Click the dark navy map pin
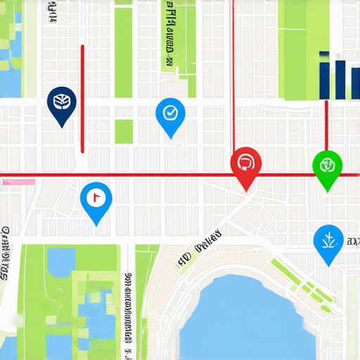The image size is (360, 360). pyautogui.click(x=62, y=104)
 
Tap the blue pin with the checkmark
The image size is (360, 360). pyautogui.click(x=169, y=113)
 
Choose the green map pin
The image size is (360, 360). pyautogui.click(x=327, y=167)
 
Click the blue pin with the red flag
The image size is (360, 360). pyautogui.click(x=96, y=200)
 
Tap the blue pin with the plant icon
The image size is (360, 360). pyautogui.click(x=328, y=241)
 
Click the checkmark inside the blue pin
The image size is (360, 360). pyautogui.click(x=169, y=111)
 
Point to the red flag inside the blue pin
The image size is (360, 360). pyautogui.click(x=97, y=196)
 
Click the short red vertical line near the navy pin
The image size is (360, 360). pyautogui.click(x=82, y=98)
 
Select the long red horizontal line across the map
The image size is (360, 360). pyautogui.click(x=141, y=174)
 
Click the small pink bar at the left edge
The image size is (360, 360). pyautogui.click(x=18, y=182)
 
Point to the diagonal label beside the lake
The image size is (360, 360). pyautogui.click(x=200, y=250)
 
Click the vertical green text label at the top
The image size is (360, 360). pyautogui.click(x=169, y=35)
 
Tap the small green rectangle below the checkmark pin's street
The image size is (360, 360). pyautogui.click(x=124, y=131)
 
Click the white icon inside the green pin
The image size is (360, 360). pyautogui.click(x=327, y=165)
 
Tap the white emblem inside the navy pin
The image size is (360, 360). pyautogui.click(x=62, y=102)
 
